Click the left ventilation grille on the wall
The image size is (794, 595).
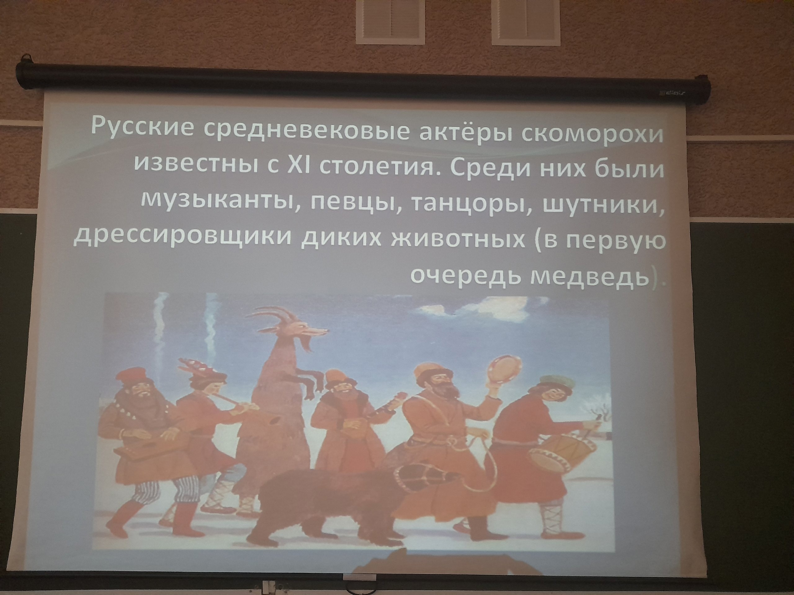pyautogui.click(x=390, y=21)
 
